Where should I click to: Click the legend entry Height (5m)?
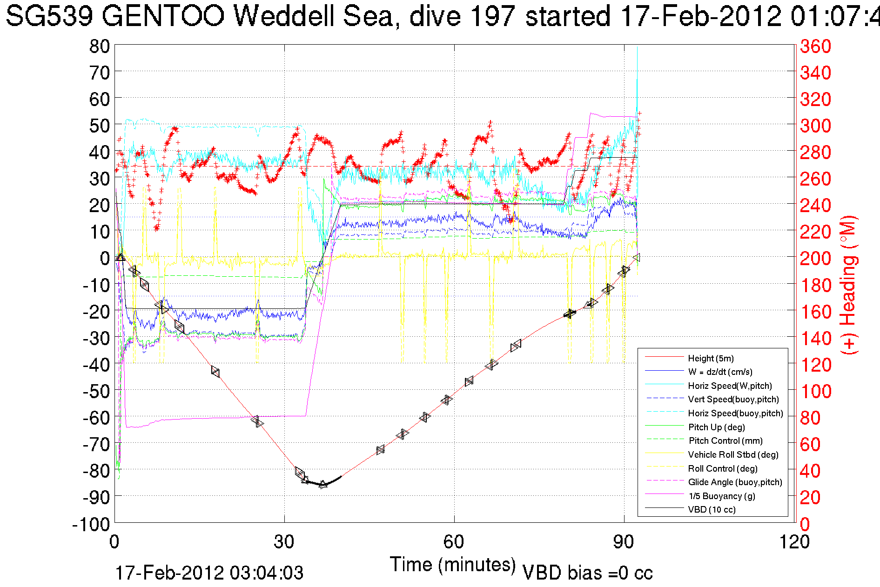(x=711, y=358)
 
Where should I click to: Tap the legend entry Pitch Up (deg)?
(x=716, y=427)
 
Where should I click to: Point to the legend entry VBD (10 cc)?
(x=712, y=509)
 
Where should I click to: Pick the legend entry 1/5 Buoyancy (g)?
(x=721, y=496)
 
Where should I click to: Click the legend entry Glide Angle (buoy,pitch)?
(x=735, y=482)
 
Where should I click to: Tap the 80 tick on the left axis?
(x=100, y=46)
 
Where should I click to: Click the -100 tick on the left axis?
(x=91, y=524)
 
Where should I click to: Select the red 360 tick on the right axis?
(x=815, y=47)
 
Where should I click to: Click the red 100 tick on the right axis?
(x=815, y=391)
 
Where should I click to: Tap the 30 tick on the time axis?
(x=284, y=542)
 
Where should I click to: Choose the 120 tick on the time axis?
(x=795, y=542)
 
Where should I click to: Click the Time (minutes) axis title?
(x=453, y=565)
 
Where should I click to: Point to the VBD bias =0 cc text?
(x=587, y=573)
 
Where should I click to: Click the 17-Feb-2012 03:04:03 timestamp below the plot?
(x=209, y=573)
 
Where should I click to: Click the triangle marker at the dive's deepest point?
(x=323, y=485)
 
